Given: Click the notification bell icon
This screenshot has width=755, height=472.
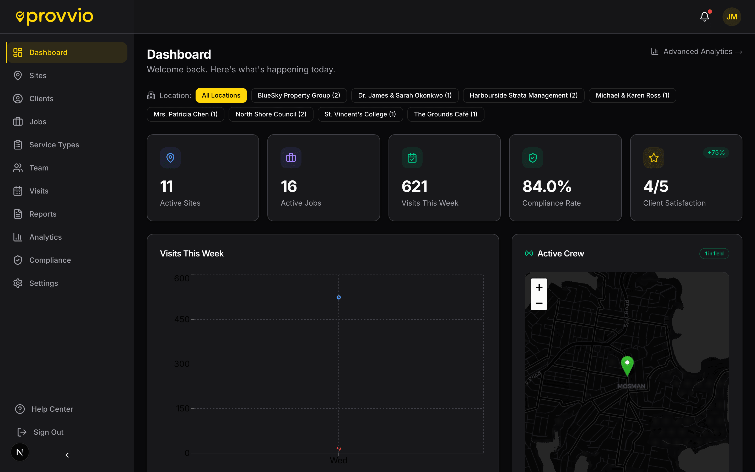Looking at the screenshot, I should (704, 17).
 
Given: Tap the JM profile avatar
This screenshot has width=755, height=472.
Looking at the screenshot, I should (732, 17).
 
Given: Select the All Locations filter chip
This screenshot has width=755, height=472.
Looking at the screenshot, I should (221, 95).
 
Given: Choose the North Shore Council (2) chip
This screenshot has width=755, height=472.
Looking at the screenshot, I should (271, 114).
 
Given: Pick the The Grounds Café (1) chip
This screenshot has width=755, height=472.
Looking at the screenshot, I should (445, 114).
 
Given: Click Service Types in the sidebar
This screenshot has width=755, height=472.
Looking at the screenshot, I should (54, 145).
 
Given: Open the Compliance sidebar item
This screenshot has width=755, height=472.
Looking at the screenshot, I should (50, 260).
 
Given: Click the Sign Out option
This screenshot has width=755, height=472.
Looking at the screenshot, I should (48, 432).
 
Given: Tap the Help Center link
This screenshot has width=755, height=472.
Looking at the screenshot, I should (52, 409).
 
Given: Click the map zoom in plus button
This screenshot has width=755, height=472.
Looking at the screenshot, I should (539, 287).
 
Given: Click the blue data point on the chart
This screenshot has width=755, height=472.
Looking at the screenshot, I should (338, 298).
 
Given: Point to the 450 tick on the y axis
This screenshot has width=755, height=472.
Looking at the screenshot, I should (182, 319).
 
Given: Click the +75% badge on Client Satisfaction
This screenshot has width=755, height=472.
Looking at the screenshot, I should (716, 153).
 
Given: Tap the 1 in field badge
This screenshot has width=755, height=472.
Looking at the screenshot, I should (714, 254).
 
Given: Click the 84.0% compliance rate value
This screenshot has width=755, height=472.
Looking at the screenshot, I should (547, 186).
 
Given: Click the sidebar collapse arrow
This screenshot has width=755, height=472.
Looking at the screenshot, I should (67, 455).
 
